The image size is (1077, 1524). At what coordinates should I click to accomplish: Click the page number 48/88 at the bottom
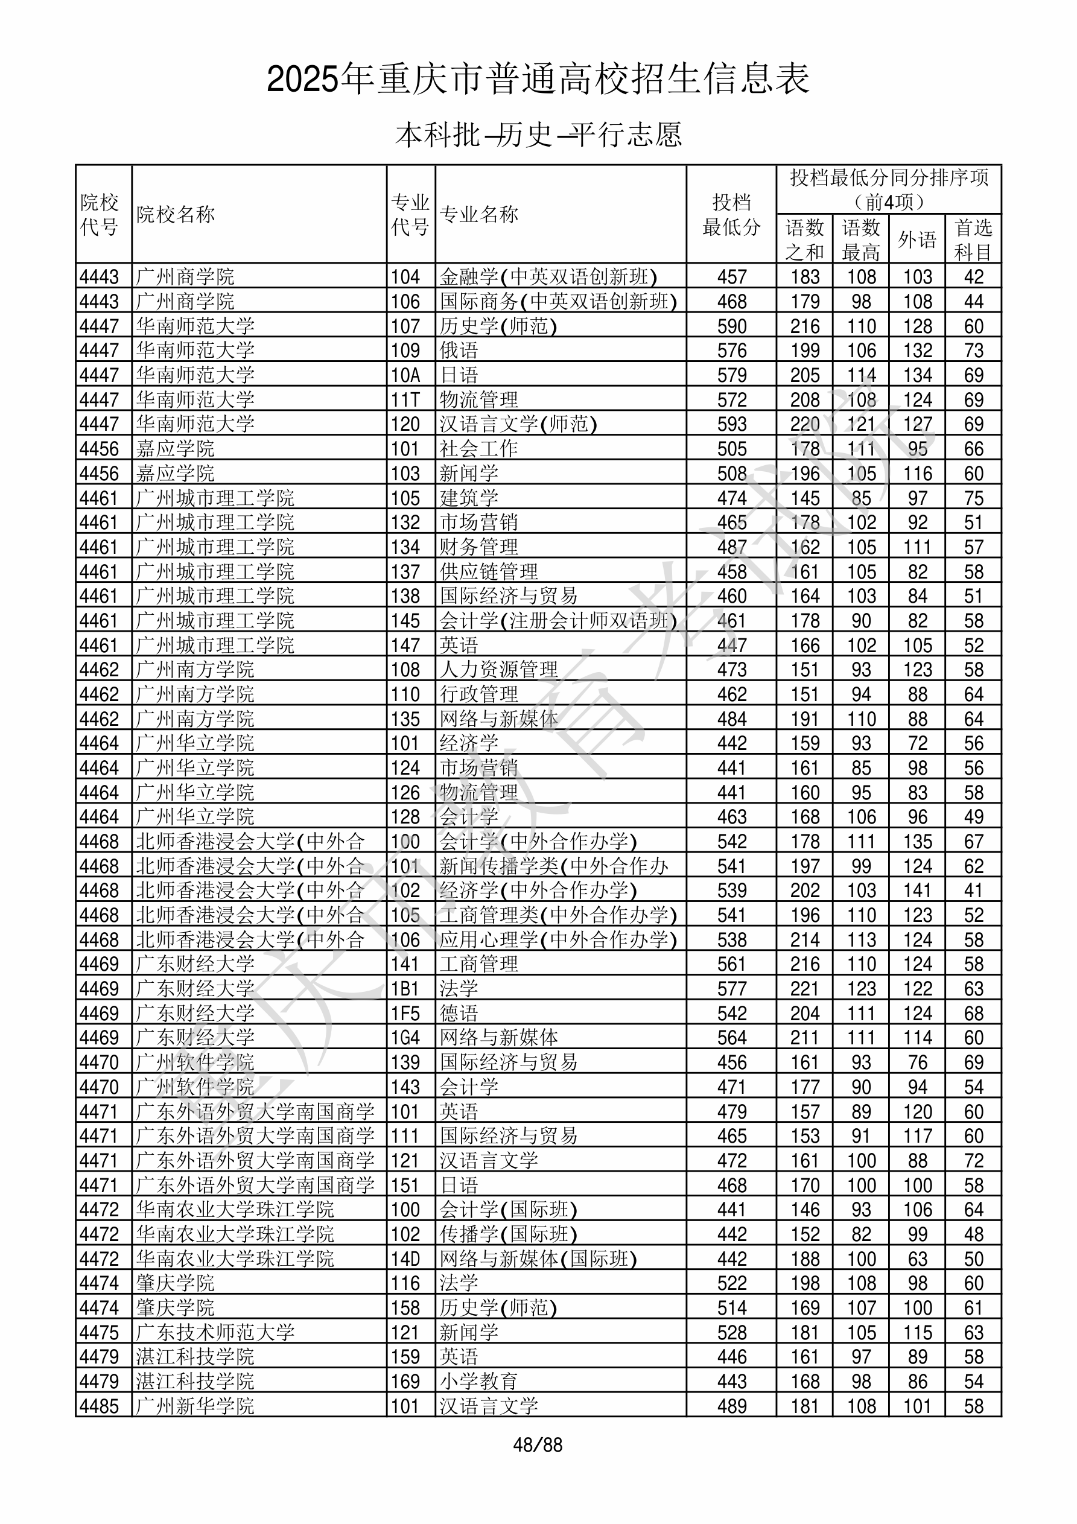tap(537, 1445)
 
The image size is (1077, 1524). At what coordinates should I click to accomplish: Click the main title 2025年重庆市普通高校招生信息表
tap(538, 79)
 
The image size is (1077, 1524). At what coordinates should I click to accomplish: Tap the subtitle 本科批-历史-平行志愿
tap(538, 135)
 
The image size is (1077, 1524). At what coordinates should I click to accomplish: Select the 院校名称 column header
tap(176, 214)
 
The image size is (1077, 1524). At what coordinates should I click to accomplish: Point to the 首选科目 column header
tap(973, 240)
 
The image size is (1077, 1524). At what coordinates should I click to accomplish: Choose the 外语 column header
tap(917, 240)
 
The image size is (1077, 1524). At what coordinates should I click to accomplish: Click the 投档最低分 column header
tap(731, 214)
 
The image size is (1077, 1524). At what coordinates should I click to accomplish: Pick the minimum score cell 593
tap(732, 424)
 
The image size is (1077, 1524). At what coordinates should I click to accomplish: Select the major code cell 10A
tap(405, 375)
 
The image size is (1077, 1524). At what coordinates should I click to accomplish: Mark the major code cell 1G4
tap(405, 1038)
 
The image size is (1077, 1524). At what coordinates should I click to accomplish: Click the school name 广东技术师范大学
tap(215, 1333)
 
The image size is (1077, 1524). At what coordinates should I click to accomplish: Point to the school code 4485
tap(99, 1406)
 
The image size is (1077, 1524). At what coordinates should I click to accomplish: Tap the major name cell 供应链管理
tap(489, 571)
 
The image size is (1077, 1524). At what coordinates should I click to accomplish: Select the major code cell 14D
tap(405, 1259)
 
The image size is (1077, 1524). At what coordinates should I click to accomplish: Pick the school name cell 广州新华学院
tap(195, 1406)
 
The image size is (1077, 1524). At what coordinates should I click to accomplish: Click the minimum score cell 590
tap(732, 326)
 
